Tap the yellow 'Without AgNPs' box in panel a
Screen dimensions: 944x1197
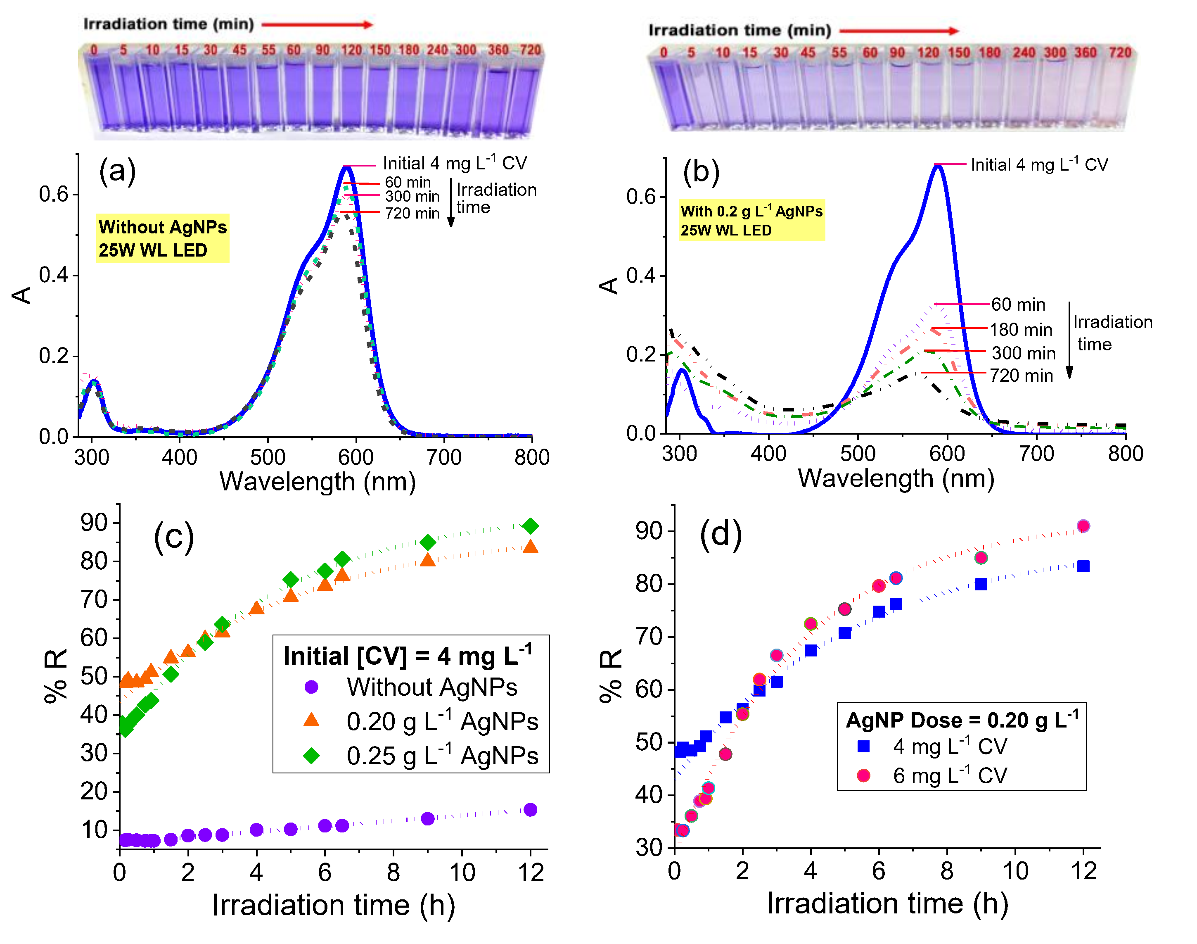[162, 238]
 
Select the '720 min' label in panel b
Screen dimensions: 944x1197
[1021, 376]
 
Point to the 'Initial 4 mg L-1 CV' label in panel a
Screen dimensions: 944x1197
[455, 164]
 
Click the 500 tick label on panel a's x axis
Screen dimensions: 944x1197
[268, 457]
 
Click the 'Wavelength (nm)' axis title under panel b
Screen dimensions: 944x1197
[896, 479]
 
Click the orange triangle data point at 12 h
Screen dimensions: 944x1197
[530, 547]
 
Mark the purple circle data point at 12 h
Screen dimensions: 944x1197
[530, 810]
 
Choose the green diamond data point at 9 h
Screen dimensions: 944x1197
[427, 542]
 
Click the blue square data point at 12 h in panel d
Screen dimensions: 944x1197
[1083, 566]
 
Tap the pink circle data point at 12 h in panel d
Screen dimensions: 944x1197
[1083, 526]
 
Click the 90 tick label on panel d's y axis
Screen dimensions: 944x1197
[647, 531]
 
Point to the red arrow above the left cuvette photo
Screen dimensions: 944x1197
[317, 24]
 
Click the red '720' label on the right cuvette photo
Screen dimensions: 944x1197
[1120, 52]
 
